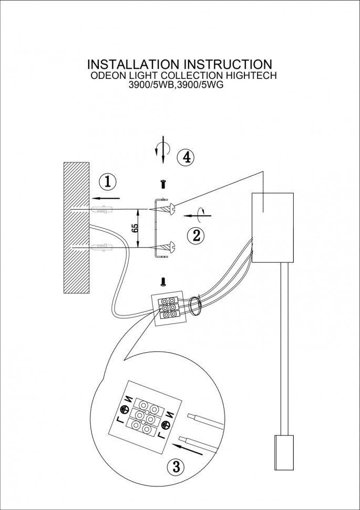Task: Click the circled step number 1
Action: click(108, 182)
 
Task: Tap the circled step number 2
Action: click(197, 236)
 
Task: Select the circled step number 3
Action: click(177, 466)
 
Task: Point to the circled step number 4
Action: click(186, 157)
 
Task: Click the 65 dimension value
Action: click(135, 228)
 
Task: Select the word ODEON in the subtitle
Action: click(107, 76)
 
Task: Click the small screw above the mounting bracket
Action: click(163, 185)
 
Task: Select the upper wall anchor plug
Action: click(102, 211)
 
